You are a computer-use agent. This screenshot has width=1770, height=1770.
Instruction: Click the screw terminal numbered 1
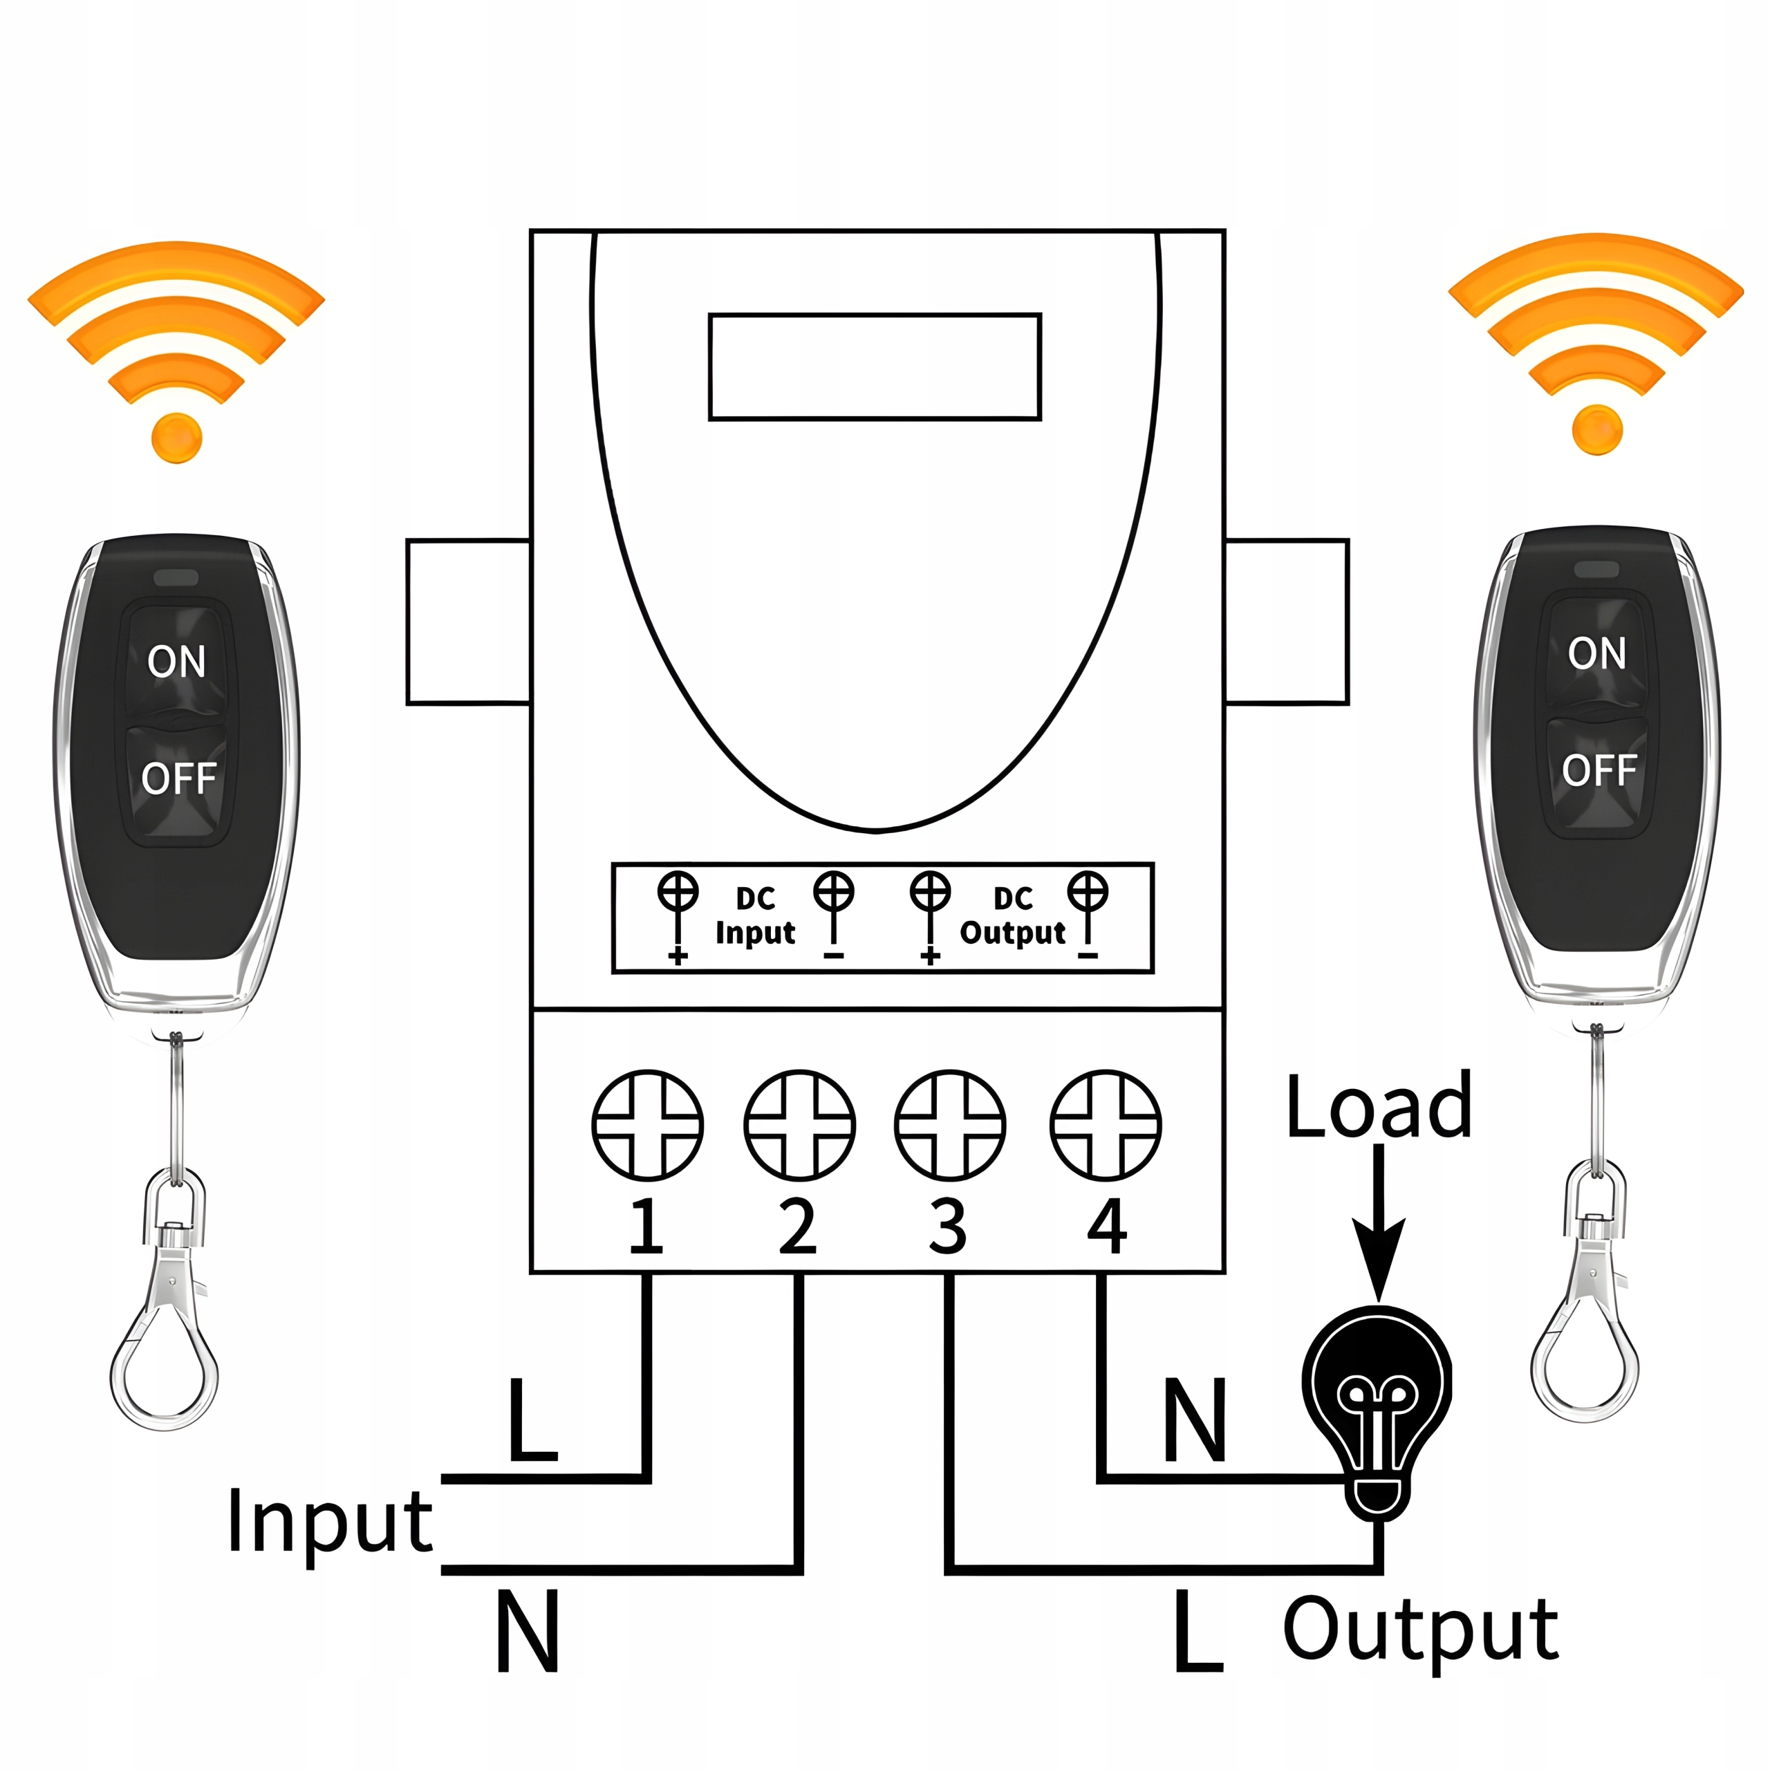click(648, 1125)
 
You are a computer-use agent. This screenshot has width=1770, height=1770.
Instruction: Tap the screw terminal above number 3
click(950, 1125)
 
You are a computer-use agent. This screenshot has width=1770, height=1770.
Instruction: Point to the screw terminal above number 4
click(1106, 1125)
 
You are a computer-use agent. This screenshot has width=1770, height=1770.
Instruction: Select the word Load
click(1379, 1107)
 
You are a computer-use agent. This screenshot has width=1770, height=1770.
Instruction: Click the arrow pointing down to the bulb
click(1379, 1228)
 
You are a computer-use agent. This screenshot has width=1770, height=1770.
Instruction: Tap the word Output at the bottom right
click(1419, 1631)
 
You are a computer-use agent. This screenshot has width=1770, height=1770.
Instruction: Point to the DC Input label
click(755, 915)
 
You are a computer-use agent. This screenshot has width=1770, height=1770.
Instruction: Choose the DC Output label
click(1012, 915)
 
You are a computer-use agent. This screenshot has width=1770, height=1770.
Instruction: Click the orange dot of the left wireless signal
click(177, 437)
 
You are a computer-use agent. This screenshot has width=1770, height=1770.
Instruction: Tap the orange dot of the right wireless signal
click(1597, 429)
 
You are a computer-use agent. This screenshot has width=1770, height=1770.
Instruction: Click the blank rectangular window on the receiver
click(875, 366)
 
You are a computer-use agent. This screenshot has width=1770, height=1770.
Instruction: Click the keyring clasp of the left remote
click(169, 1319)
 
